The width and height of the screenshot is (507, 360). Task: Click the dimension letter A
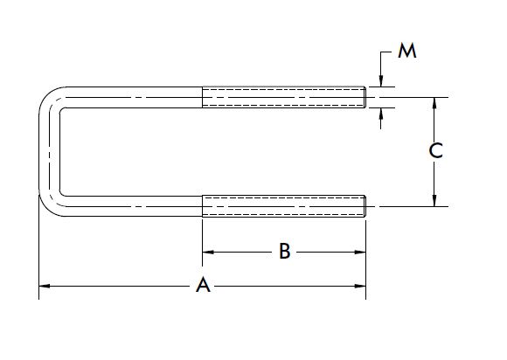203,286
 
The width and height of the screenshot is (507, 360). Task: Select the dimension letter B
284,253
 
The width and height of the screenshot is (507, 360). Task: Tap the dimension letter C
434,151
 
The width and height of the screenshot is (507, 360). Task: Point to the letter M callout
406,52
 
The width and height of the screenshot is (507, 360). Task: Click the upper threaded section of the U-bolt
283,96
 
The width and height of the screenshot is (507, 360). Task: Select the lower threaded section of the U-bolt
283,205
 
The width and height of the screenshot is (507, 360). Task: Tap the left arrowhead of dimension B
208,253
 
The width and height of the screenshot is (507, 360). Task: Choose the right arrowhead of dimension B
359,253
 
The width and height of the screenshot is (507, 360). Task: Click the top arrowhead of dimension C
434,102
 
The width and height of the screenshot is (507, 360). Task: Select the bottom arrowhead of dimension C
434,201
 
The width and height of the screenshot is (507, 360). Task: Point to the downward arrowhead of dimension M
381,81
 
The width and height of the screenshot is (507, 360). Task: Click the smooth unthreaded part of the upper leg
131,96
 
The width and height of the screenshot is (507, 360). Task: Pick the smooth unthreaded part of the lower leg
131,205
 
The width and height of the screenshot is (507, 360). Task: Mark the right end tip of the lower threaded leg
365,205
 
